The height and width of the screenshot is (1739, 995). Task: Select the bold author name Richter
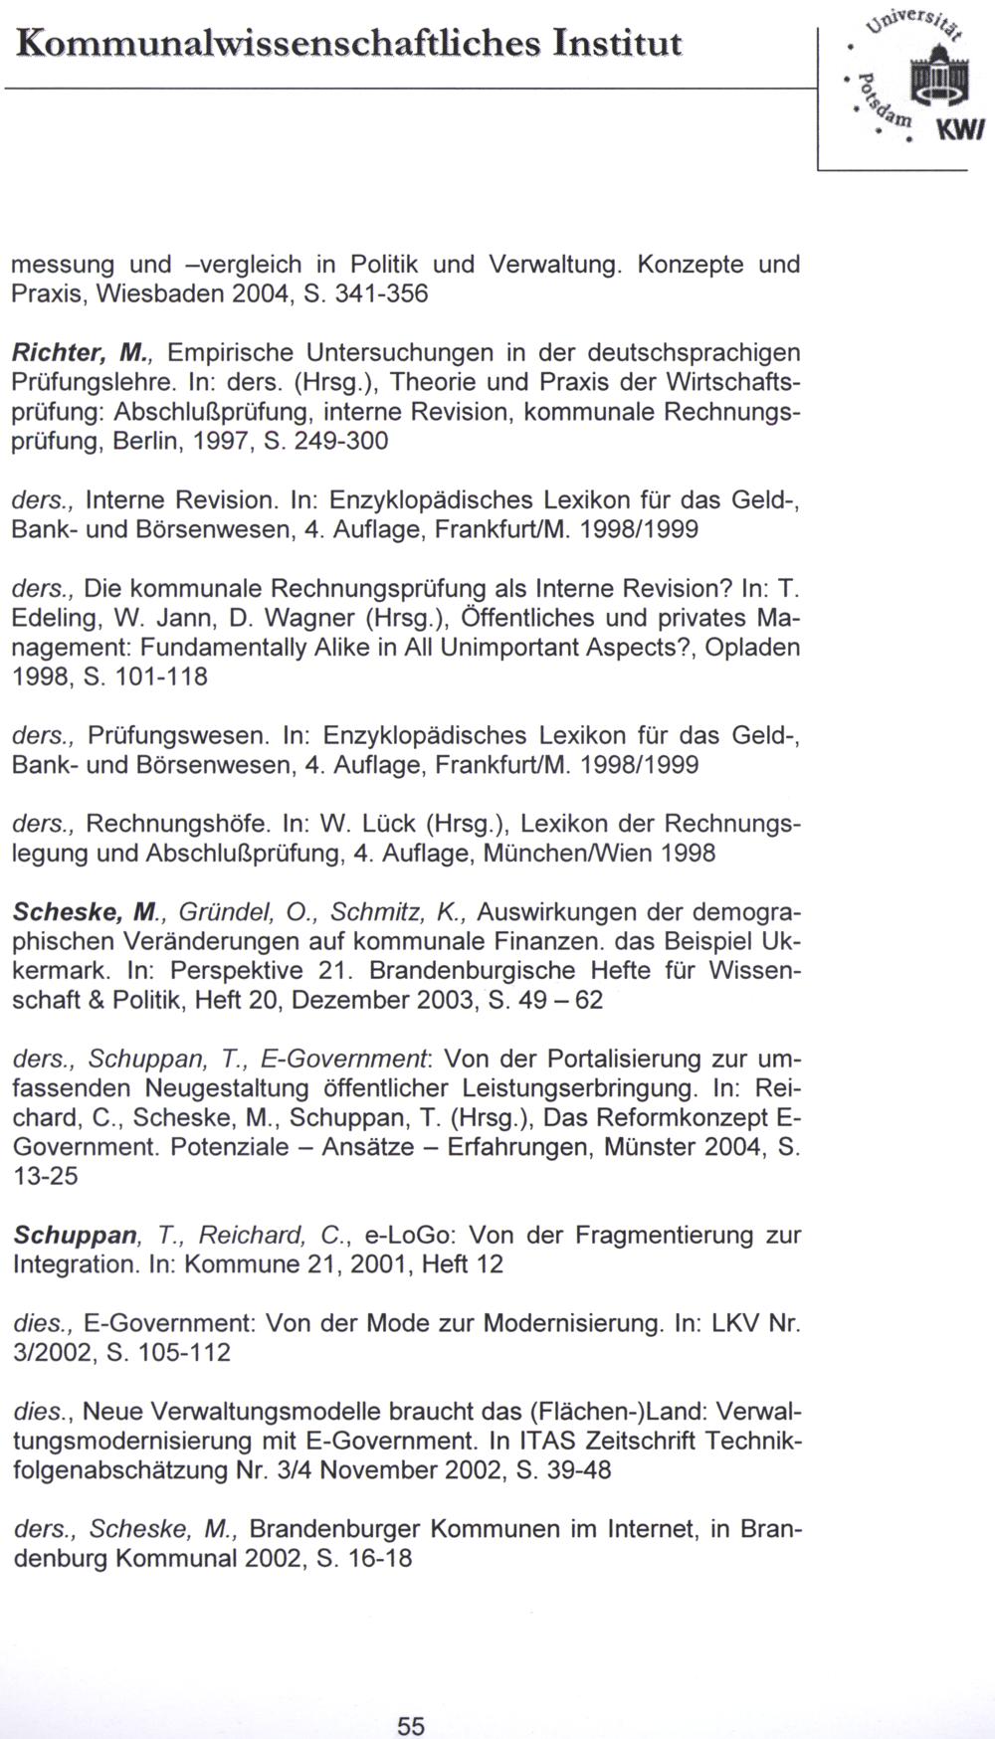click(x=59, y=352)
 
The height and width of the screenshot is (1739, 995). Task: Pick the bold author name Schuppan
click(x=76, y=1236)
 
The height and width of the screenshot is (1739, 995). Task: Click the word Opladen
click(x=752, y=648)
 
